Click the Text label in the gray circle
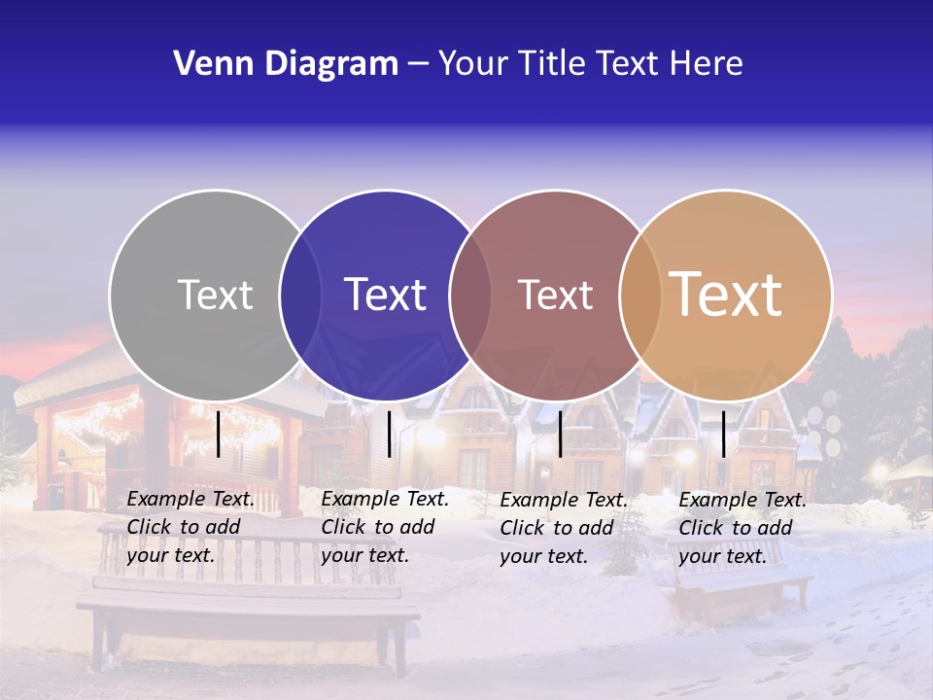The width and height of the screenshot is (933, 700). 215,295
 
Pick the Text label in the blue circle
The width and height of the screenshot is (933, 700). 385,295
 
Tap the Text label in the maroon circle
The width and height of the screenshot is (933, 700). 555,295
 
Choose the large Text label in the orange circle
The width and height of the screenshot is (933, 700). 726,295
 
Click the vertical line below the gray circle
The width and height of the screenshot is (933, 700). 219,434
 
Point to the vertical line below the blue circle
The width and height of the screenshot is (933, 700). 389,434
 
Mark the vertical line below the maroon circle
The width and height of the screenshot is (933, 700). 561,434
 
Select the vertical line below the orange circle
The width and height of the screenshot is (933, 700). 723,434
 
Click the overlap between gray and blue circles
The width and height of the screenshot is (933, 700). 300,295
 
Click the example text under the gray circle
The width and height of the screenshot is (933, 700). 190,527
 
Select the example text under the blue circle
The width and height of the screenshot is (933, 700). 384,527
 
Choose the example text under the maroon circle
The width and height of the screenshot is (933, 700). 563,528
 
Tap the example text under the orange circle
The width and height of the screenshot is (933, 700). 742,528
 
